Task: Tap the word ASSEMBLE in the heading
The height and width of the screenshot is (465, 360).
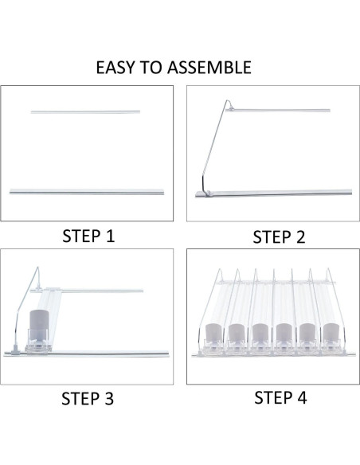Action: point(209,67)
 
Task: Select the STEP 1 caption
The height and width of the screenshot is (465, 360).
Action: point(88,236)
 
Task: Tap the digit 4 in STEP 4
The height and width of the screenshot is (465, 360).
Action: point(302,397)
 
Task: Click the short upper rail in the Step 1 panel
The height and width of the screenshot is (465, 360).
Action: point(85,111)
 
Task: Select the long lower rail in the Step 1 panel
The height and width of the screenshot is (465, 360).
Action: point(87,191)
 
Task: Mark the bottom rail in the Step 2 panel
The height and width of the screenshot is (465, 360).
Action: point(275,192)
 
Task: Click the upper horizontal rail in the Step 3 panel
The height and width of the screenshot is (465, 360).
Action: point(96,291)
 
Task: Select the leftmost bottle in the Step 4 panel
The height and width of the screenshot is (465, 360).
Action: point(214,338)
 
